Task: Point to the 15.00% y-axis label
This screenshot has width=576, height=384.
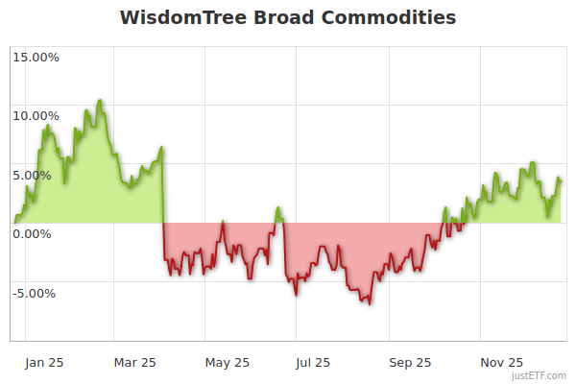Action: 35,57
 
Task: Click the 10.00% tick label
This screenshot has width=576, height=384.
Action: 35,116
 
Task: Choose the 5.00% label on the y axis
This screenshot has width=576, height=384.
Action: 37,176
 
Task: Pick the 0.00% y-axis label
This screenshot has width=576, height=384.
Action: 37,233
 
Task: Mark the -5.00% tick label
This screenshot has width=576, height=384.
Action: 36,294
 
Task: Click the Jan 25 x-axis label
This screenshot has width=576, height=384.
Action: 45,362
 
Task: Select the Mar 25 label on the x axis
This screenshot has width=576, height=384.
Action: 134,362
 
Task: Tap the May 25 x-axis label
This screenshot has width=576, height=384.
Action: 228,362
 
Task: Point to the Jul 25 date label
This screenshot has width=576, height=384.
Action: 312,362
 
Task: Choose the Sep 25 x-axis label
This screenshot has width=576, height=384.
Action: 410,362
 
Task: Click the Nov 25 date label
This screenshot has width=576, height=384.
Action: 502,362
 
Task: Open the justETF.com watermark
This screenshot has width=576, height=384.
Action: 540,376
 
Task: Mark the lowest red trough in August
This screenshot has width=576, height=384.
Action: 370,304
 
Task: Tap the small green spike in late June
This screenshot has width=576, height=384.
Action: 277,207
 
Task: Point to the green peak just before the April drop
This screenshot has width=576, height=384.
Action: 162,147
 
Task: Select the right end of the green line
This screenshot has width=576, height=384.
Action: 561,180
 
